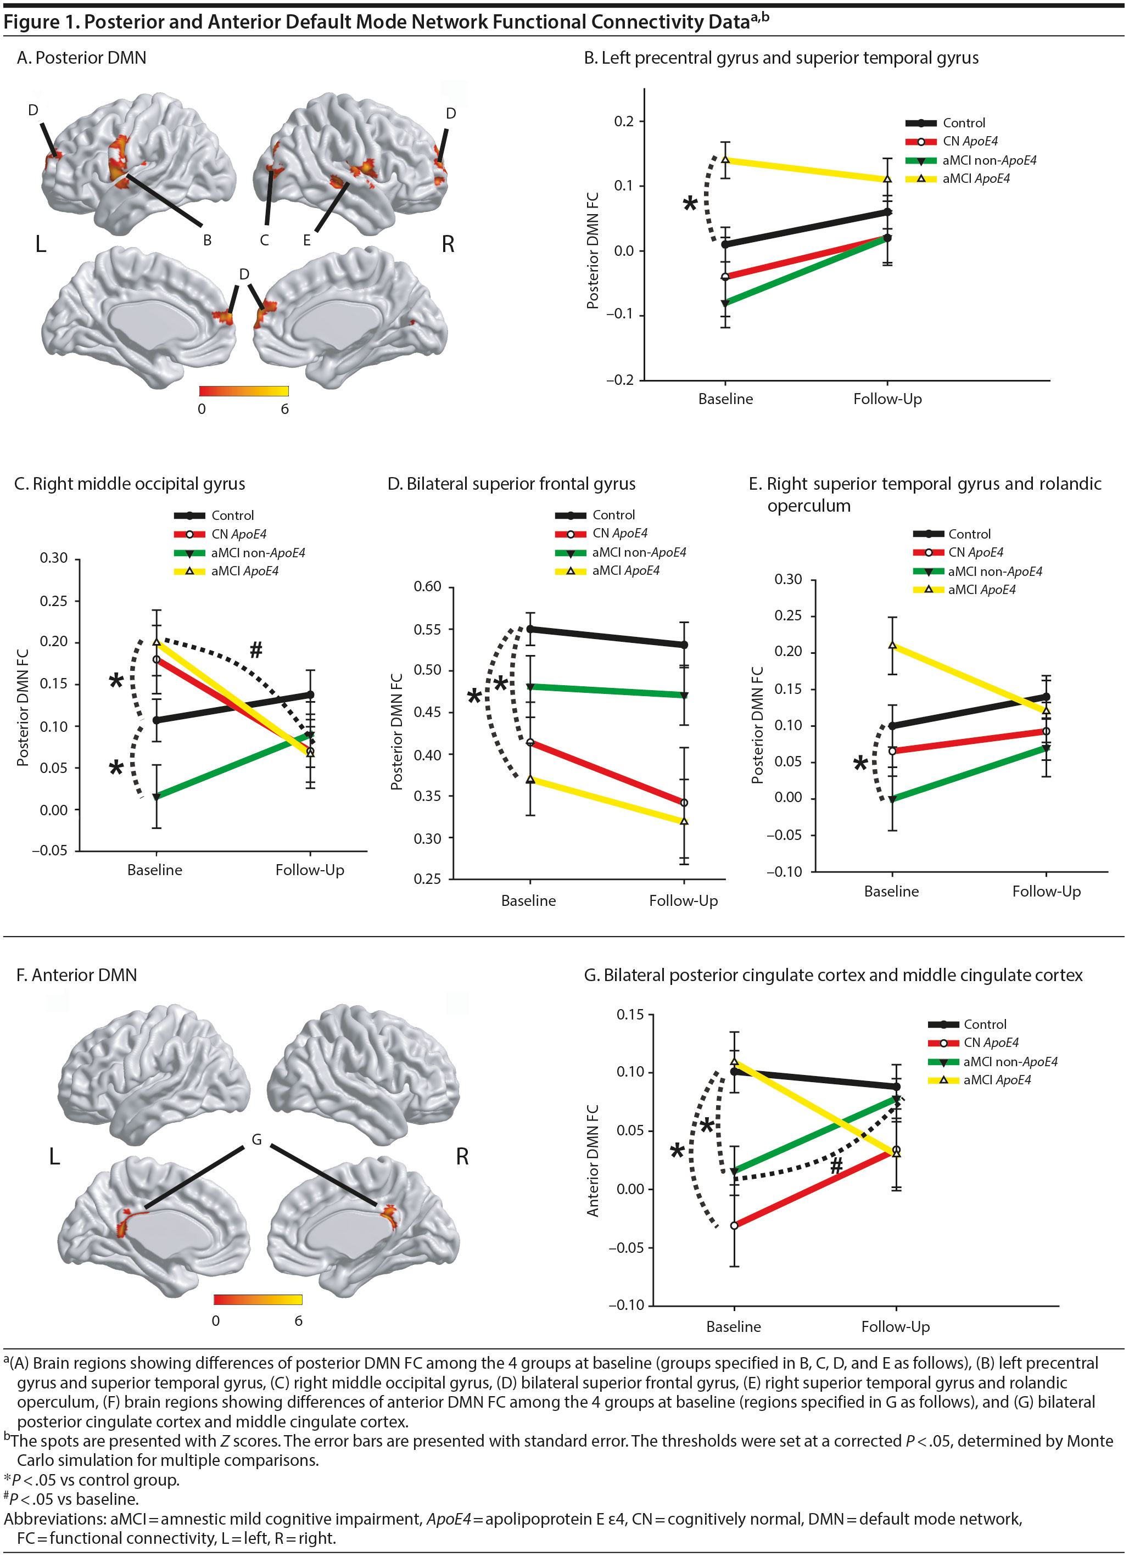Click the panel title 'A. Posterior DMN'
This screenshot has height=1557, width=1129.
click(81, 58)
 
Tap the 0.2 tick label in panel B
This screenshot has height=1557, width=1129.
click(624, 121)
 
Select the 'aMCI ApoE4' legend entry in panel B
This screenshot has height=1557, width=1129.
click(975, 178)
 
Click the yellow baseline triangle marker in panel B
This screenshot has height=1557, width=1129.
click(725, 160)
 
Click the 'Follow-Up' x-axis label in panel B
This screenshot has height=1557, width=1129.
click(887, 399)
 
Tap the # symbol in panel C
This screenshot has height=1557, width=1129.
click(255, 649)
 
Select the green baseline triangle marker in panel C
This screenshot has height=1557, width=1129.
click(157, 797)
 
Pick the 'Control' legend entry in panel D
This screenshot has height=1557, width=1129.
click(613, 515)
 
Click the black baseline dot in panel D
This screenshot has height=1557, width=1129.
click(530, 629)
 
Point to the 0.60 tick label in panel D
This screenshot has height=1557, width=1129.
click(427, 586)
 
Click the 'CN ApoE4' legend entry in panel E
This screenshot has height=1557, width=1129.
click(975, 552)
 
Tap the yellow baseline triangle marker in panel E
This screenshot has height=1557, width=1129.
click(893, 645)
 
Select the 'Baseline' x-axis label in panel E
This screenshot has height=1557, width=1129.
click(891, 891)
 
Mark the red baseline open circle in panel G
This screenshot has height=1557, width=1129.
click(734, 1225)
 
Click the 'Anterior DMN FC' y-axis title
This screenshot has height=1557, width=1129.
click(593, 1160)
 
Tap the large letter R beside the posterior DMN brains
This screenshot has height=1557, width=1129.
click(448, 244)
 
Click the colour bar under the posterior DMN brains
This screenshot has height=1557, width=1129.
click(244, 391)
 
